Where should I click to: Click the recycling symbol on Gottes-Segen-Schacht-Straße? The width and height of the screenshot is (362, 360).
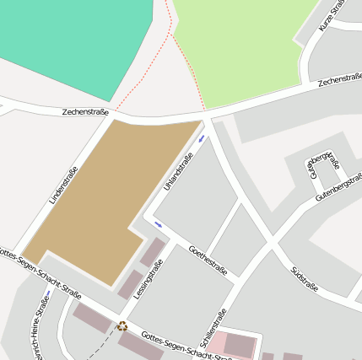122,325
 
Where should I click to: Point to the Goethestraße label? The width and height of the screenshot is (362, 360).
208,261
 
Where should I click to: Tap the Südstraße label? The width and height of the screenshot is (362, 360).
304,278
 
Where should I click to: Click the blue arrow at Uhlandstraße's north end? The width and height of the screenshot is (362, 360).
201,138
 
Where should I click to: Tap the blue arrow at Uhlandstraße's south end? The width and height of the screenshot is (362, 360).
158,224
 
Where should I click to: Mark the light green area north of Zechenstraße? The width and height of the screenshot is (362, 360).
245,46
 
